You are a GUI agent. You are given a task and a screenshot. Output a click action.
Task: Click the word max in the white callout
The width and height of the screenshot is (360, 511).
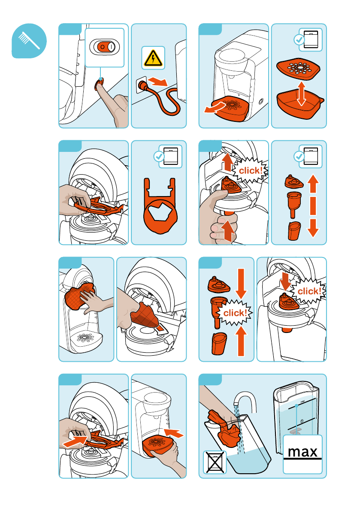coord(303,451)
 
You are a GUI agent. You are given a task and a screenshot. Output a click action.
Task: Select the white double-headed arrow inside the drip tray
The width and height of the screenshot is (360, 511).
coord(301,94)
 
